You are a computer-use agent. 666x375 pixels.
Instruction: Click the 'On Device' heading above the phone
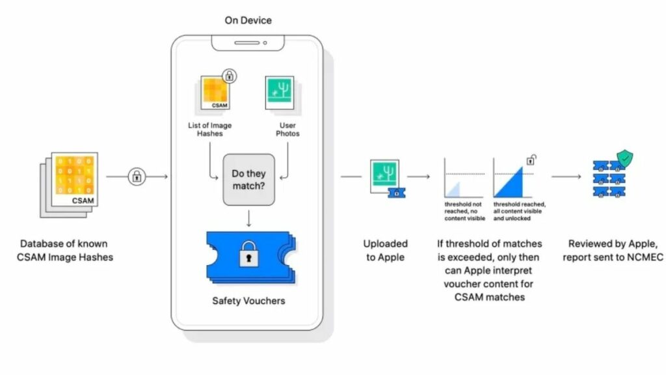[248, 20]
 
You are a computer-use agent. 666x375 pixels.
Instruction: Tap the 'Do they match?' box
[248, 180]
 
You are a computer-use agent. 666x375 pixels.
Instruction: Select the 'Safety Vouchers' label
[248, 301]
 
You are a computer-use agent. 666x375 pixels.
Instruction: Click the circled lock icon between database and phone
[137, 176]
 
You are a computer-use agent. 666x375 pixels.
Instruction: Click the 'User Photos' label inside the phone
[287, 130]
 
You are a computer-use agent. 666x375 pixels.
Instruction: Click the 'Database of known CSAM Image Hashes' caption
[66, 250]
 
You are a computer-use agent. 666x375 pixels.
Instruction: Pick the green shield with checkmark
[624, 158]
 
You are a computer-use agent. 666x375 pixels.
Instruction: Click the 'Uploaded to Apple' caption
[385, 250]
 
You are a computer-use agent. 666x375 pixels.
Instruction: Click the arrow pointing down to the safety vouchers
[248, 219]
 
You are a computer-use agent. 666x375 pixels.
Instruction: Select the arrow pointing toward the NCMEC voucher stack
[565, 176]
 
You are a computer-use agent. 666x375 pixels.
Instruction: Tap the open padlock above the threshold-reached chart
[531, 159]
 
